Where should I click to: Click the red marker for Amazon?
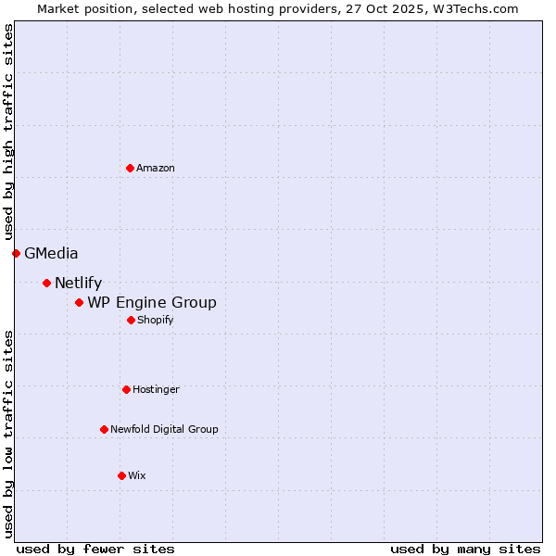(130, 168)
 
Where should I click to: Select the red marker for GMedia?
(16, 253)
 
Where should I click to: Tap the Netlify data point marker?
(46, 283)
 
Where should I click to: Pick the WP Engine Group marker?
(79, 302)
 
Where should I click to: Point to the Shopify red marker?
(131, 320)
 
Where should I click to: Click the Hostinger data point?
(126, 389)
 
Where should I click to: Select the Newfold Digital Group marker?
(104, 429)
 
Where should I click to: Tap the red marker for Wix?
(121, 475)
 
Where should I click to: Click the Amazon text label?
(156, 168)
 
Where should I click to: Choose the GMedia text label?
(51, 253)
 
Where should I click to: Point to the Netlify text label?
(78, 284)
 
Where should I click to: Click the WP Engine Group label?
(152, 303)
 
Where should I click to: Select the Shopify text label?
(155, 320)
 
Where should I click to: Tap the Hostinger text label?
(156, 389)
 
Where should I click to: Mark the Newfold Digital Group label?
(164, 429)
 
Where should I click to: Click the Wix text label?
(136, 475)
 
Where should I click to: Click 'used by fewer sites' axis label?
(95, 549)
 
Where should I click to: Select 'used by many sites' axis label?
(465, 549)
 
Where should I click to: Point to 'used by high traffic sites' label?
(8, 132)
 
